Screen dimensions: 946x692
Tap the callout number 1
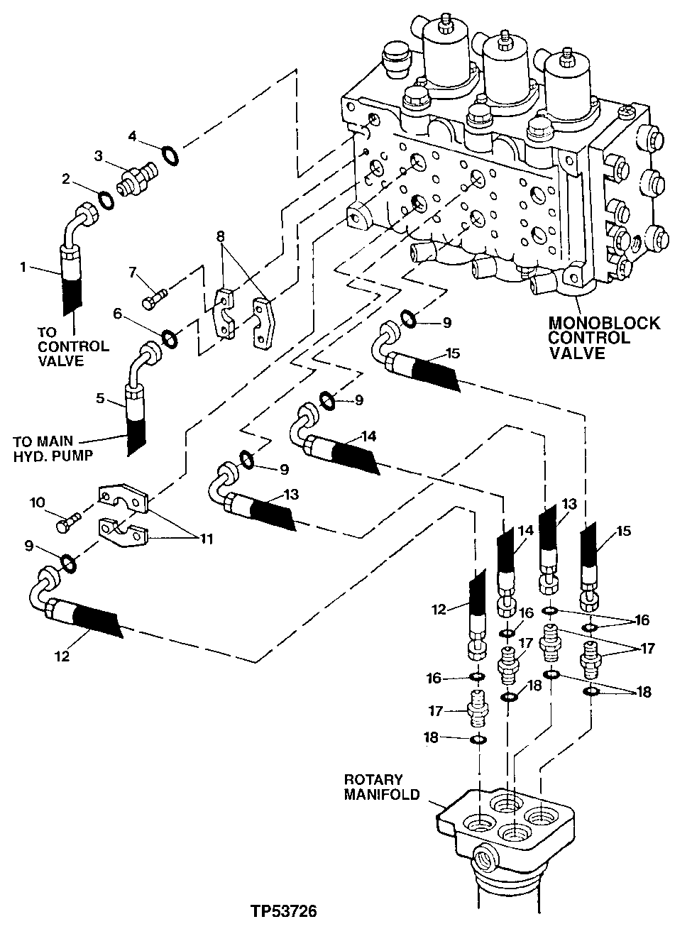coord(23,268)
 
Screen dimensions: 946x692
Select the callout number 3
coord(99,154)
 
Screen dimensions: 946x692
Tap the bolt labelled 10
coord(69,526)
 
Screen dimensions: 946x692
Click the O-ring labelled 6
coord(170,339)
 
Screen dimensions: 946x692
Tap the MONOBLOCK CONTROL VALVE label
coord(603,339)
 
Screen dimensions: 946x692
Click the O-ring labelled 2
coord(106,201)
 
